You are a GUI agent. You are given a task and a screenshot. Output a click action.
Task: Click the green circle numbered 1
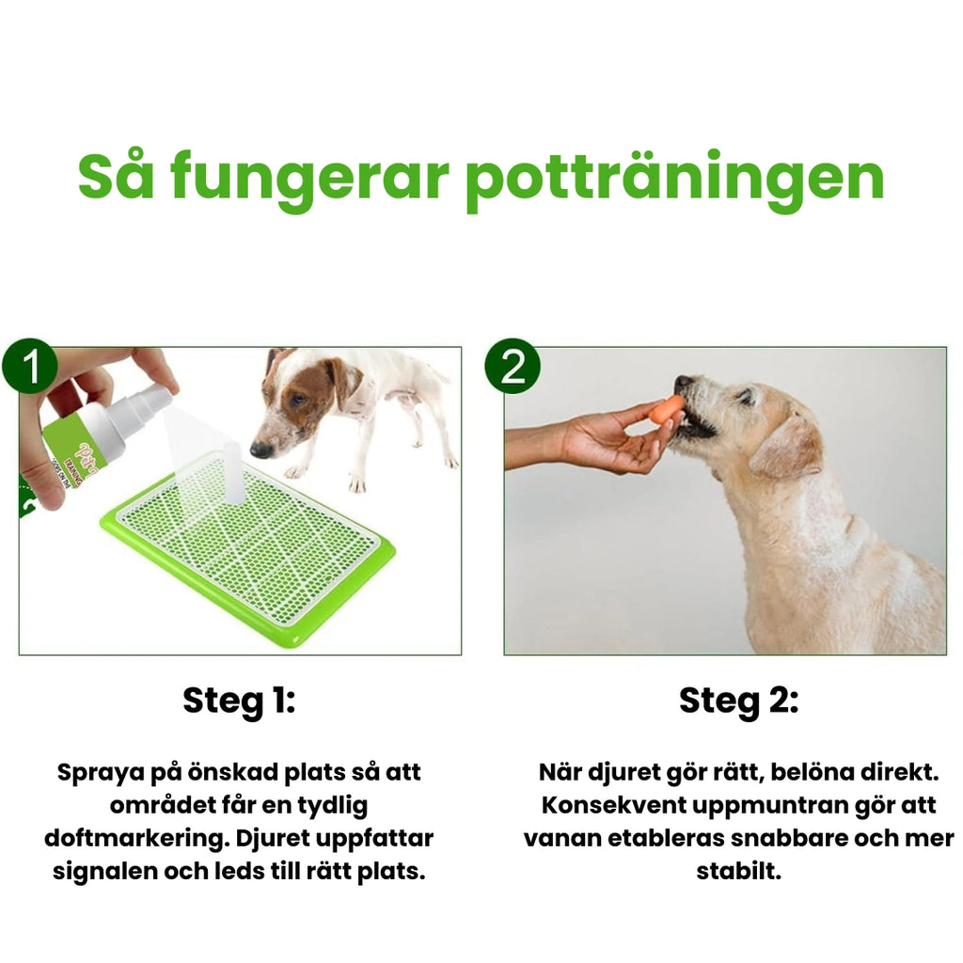[x=31, y=367]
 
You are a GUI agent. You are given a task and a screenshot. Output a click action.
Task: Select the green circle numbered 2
[x=513, y=367]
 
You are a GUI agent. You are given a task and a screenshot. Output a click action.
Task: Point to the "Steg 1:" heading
[x=239, y=701]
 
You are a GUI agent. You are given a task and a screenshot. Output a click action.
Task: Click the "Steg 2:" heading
[x=738, y=701]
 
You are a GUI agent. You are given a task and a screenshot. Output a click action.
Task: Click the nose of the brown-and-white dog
[x=260, y=450]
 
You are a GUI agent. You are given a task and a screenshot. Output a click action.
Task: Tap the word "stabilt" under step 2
[x=738, y=871]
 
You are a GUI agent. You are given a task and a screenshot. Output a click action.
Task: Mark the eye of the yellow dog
[x=745, y=397]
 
